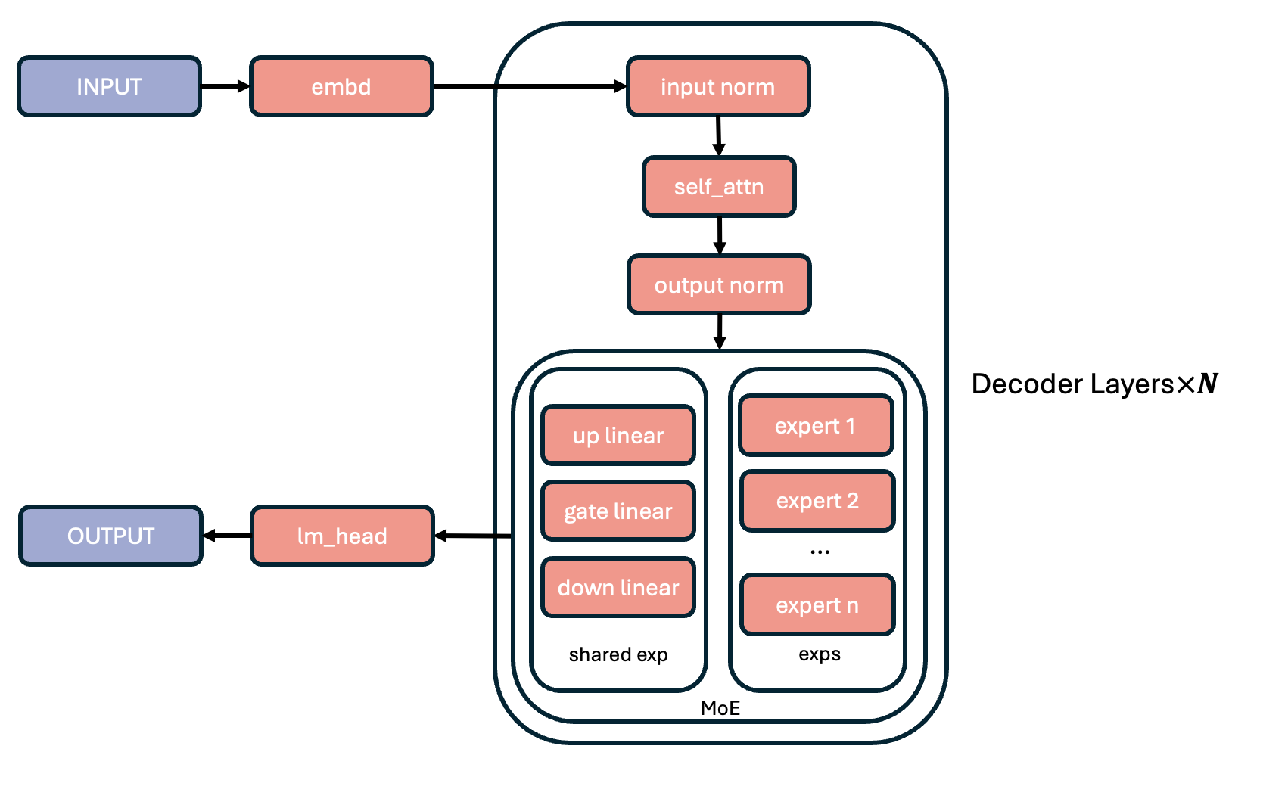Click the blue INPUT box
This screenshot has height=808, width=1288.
pos(109,86)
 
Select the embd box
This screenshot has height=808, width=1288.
pos(341,86)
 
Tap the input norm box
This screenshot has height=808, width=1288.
pos(718,86)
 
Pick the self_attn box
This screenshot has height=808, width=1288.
pos(719,187)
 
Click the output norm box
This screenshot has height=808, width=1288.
pos(719,285)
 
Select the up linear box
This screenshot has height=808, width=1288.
pos(618,435)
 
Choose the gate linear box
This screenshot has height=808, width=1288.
pos(618,511)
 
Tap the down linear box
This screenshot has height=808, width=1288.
pos(618,588)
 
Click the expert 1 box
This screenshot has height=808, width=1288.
pos(816,426)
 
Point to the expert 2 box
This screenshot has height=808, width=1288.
pos(817,501)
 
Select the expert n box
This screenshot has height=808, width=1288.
pos(817,605)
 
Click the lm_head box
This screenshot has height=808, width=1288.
pos(342,536)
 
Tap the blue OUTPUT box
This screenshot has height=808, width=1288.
pos(110,536)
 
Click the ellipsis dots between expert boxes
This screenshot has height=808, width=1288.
pos(820,552)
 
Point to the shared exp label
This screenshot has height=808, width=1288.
pos(618,654)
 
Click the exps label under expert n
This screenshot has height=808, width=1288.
pos(820,654)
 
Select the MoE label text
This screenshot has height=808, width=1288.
pos(720,708)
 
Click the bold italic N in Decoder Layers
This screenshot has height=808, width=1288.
pos(1207,384)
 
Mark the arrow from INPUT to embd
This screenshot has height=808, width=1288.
pos(226,86)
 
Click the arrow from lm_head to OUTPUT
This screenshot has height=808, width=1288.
pos(227,536)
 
